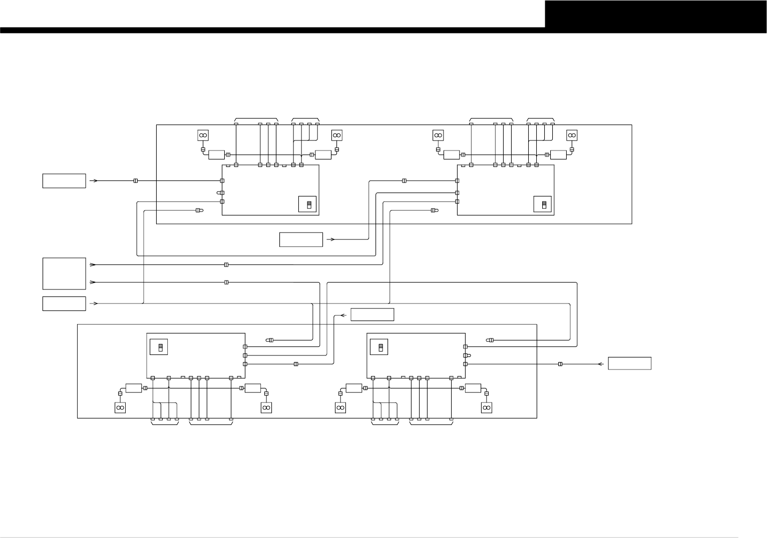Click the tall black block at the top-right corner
tap(655, 14)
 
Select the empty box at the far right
tap(629, 363)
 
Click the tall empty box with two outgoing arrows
tap(64, 273)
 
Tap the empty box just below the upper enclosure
tap(301, 239)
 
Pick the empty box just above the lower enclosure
tap(372, 314)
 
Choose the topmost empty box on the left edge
tap(64, 180)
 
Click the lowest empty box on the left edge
tap(64, 303)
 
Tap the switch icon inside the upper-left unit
tap(307, 204)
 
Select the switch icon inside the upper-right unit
tap(543, 204)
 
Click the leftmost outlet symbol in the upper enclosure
tap(203, 135)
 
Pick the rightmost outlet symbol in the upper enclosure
tap(571, 135)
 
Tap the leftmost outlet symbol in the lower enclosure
tap(120, 408)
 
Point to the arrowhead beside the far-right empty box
tap(601, 364)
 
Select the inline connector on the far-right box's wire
tap(560, 364)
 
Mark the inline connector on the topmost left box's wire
tap(136, 180)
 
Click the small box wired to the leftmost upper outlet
tap(216, 155)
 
